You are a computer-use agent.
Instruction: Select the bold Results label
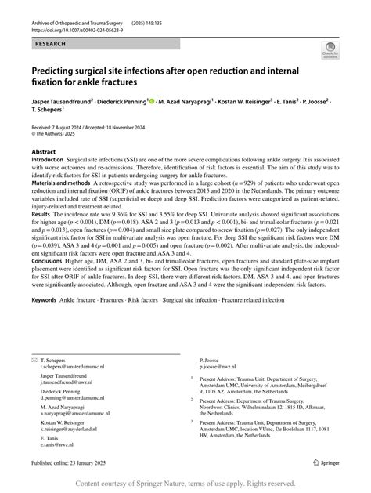(x=41, y=212)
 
